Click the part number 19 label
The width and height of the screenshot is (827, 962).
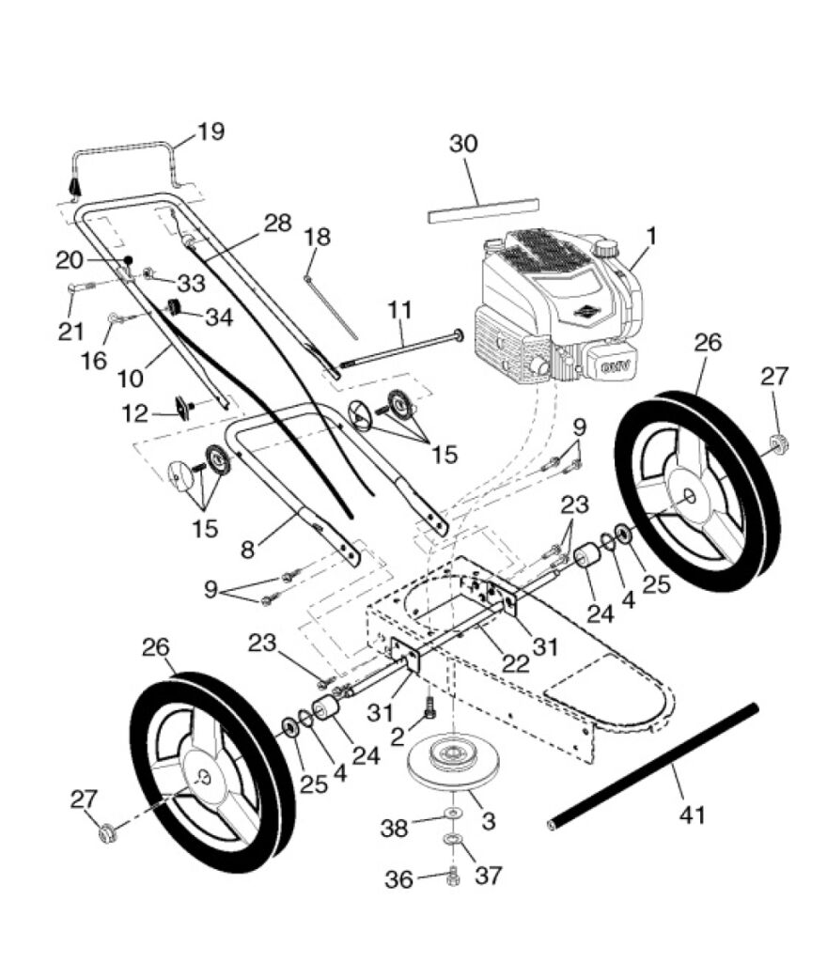[211, 132]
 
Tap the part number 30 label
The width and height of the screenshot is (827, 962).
[463, 145]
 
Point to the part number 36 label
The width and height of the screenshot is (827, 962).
[398, 880]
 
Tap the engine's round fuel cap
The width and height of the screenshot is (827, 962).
[606, 249]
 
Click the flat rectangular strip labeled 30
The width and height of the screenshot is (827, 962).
[483, 210]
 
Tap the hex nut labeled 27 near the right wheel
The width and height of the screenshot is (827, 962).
[778, 443]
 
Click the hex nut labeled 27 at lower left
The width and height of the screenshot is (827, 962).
[106, 830]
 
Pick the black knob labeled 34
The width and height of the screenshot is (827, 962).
[175, 307]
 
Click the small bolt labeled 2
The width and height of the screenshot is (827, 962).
[430, 704]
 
